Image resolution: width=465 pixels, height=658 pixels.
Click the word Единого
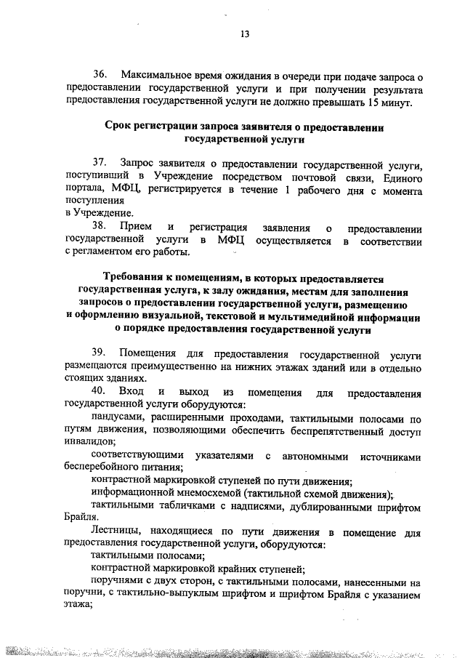[x=397, y=177]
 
